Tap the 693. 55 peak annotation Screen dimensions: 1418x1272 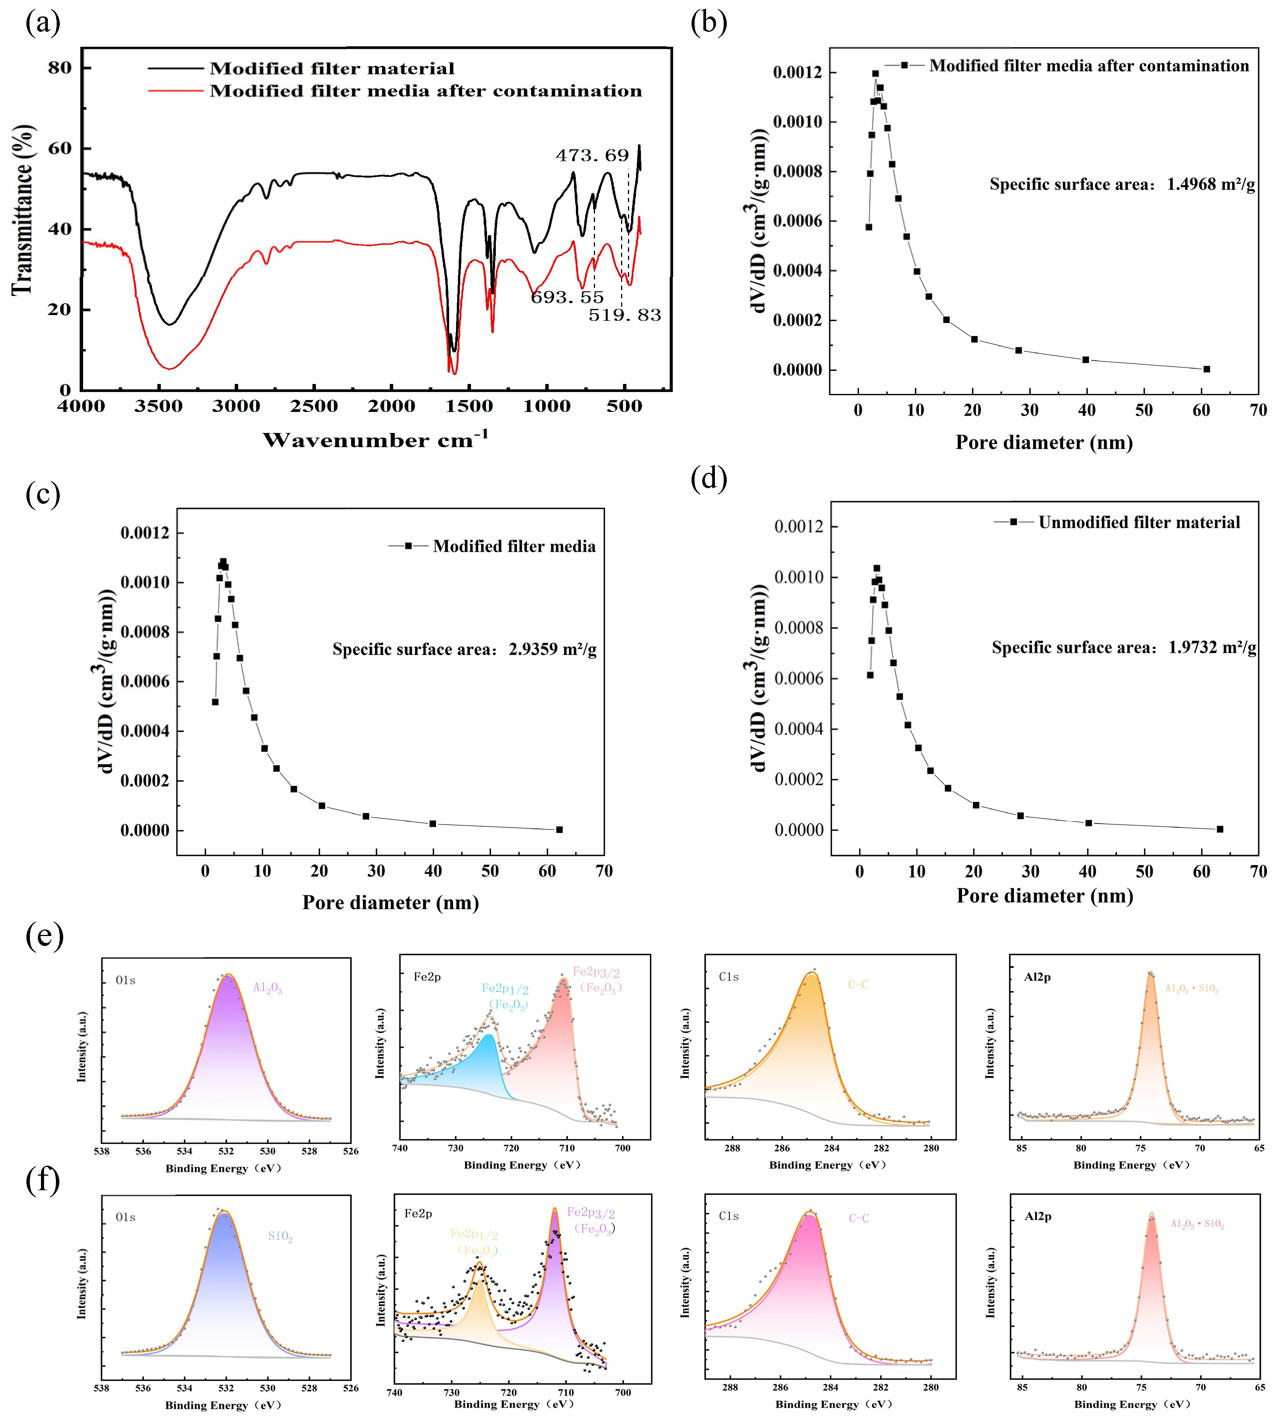pos(567,297)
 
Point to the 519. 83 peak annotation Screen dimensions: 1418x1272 pos(624,315)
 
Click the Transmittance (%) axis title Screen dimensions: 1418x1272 pos(23,210)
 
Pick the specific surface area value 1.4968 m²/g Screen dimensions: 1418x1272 pos(1210,185)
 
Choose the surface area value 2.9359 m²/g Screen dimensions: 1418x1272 pos(552,649)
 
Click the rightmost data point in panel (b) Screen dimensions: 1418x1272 pos(1206,369)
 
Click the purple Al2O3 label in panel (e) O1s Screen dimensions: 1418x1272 pos(268,988)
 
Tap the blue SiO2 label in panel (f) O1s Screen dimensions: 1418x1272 pos(280,1237)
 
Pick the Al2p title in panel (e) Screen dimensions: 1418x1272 pos(1037,977)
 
